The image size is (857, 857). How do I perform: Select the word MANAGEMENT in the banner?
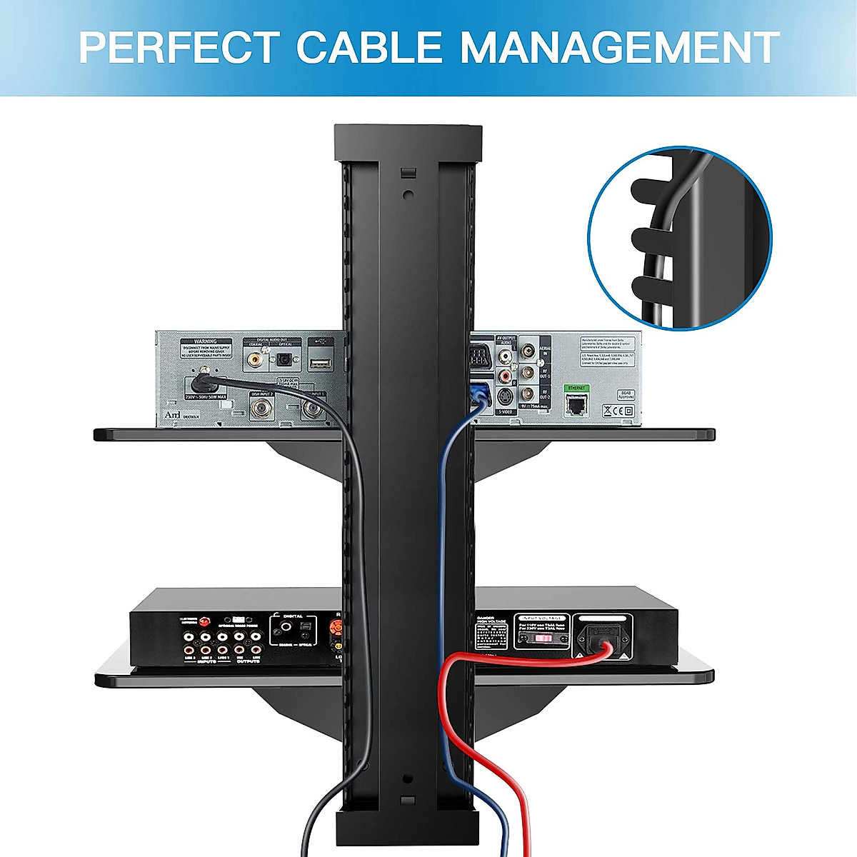[x=618, y=47]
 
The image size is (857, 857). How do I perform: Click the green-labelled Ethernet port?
[x=576, y=405]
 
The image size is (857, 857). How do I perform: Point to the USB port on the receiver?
[x=319, y=364]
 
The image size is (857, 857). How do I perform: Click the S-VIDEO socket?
[x=505, y=397]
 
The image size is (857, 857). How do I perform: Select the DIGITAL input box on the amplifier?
[x=292, y=628]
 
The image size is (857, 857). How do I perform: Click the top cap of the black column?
[x=408, y=142]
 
